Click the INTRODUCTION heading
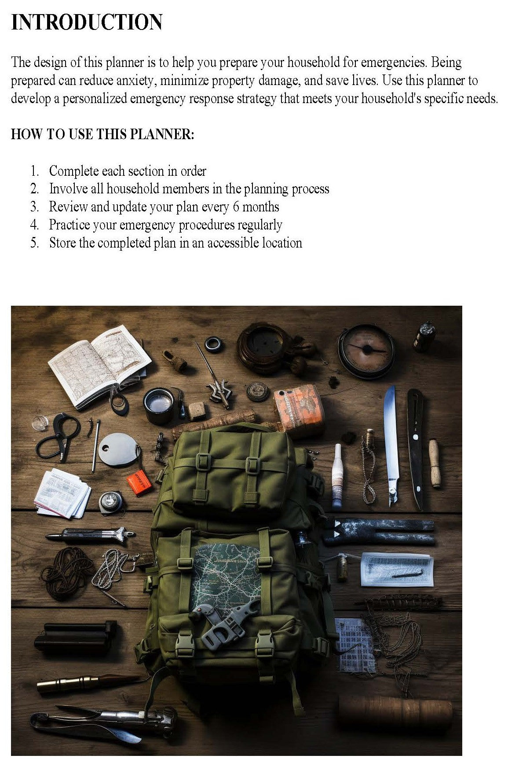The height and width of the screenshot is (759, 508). tap(87, 22)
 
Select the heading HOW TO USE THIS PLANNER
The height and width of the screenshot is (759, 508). tap(102, 134)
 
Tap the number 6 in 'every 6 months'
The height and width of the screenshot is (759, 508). tap(236, 207)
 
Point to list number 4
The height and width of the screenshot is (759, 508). tap(35, 225)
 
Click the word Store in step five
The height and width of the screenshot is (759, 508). tap(62, 243)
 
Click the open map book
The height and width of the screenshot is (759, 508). tap(99, 366)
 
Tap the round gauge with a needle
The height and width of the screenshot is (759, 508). tap(366, 351)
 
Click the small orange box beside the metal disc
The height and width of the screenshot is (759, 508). tap(139, 482)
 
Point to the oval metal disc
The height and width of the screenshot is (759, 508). tap(118, 449)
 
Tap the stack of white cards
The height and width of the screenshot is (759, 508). tap(62, 493)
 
